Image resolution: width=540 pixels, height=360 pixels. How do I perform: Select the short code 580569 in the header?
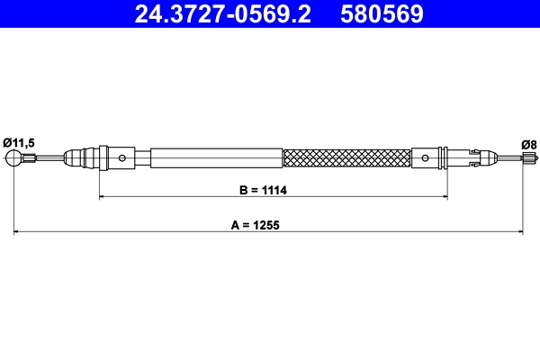point(382,14)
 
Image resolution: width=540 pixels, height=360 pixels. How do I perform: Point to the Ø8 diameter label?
point(528,143)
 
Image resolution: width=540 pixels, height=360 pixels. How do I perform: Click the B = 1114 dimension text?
point(256,190)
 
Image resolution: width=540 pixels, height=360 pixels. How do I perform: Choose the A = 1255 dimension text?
point(256,227)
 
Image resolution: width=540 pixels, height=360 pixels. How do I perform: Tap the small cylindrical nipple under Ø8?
point(525,159)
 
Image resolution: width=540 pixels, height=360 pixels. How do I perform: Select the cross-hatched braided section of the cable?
point(346,158)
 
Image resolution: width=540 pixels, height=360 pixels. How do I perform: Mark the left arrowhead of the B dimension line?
point(102,195)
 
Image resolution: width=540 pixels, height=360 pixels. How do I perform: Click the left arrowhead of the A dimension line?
point(17,232)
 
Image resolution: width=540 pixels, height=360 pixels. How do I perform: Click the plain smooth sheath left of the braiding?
point(216,158)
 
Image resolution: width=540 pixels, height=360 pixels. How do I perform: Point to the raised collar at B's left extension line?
point(103,157)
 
